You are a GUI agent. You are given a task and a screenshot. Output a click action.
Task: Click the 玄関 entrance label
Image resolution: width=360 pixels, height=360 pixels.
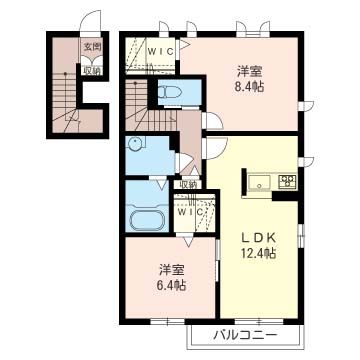[x=92, y=47]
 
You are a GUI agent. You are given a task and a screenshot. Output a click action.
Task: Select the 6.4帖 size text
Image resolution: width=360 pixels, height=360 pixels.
[x=172, y=285]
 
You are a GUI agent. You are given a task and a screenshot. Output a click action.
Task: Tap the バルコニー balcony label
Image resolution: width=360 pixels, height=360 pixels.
[x=245, y=335]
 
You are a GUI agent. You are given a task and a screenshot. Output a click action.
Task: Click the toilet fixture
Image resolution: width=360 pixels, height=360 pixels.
[x=169, y=91]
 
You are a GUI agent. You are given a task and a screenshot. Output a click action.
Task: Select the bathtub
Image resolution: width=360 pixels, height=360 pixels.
[x=146, y=219]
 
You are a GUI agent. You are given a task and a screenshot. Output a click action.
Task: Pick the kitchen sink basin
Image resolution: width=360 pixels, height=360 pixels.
[x=261, y=182]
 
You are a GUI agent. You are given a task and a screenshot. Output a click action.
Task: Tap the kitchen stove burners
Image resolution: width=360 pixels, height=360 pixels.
[x=288, y=180]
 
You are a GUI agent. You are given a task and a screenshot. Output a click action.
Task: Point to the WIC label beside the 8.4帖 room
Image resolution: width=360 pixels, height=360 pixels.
[x=161, y=51]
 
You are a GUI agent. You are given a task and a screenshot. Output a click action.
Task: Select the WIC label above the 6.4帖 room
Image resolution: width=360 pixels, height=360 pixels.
[x=189, y=212]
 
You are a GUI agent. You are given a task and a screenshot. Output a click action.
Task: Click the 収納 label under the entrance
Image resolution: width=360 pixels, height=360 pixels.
[x=92, y=71]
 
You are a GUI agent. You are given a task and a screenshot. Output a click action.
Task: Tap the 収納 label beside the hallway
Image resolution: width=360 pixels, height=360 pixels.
[x=188, y=184]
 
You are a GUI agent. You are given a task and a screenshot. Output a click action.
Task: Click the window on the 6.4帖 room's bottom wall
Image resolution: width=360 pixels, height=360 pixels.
[x=167, y=322]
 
